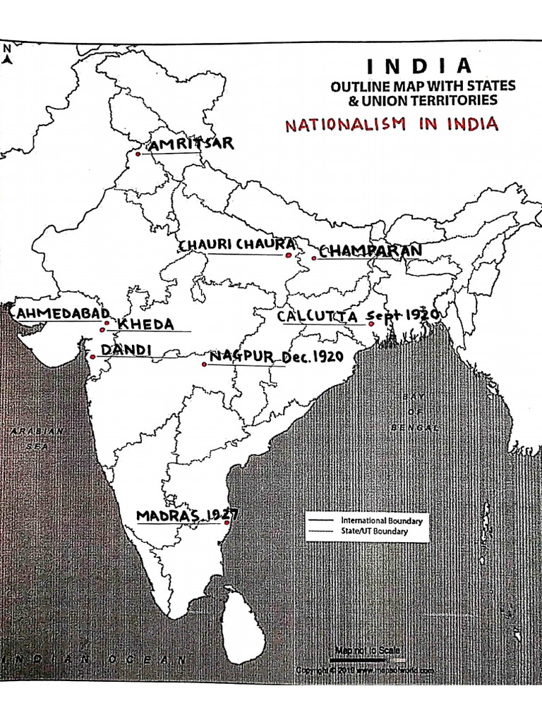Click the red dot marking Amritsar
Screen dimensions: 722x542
click(138, 154)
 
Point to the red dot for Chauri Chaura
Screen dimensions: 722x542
click(288, 255)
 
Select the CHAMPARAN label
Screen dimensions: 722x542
click(371, 250)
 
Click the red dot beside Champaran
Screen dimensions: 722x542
click(314, 258)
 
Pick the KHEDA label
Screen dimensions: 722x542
click(145, 324)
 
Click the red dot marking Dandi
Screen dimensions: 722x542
click(92, 357)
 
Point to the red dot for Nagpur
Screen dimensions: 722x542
click(205, 364)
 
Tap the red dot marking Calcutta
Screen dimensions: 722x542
click(371, 324)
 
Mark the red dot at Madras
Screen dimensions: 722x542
click(227, 522)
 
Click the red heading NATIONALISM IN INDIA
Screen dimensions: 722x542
click(392, 125)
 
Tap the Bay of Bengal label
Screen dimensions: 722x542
click(413, 412)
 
